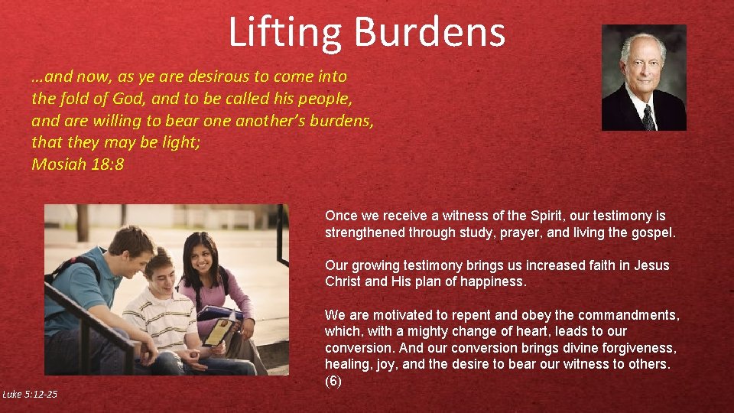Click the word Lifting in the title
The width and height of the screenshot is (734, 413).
click(x=284, y=33)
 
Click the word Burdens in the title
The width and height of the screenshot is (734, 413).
click(x=430, y=33)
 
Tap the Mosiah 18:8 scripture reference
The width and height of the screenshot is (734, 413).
click(x=77, y=164)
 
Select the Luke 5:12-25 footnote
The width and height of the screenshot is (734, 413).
click(x=29, y=394)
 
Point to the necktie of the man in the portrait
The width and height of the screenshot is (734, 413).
click(x=648, y=116)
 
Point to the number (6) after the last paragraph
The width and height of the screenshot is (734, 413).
click(x=334, y=381)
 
